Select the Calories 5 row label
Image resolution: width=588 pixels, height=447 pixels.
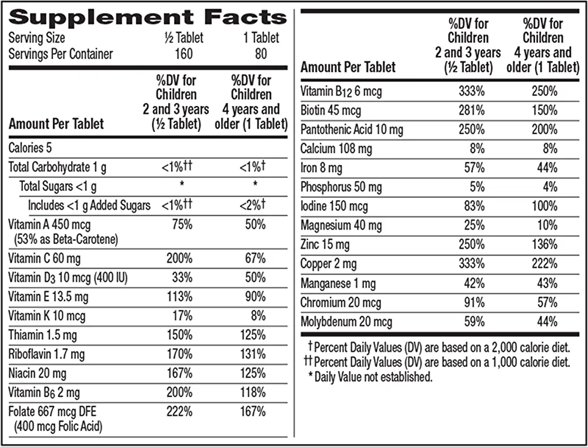(x=30, y=147)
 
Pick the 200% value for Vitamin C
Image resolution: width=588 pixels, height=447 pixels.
(x=180, y=259)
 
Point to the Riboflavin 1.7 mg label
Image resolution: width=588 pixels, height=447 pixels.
(x=46, y=355)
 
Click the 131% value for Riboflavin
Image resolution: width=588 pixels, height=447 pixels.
(x=253, y=355)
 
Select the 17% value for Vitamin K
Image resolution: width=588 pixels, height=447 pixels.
(x=182, y=316)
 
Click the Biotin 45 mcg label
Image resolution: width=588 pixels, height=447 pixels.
(x=331, y=110)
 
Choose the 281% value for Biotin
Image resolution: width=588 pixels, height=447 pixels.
(x=472, y=110)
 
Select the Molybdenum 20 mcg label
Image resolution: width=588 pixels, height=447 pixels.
(x=346, y=322)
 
